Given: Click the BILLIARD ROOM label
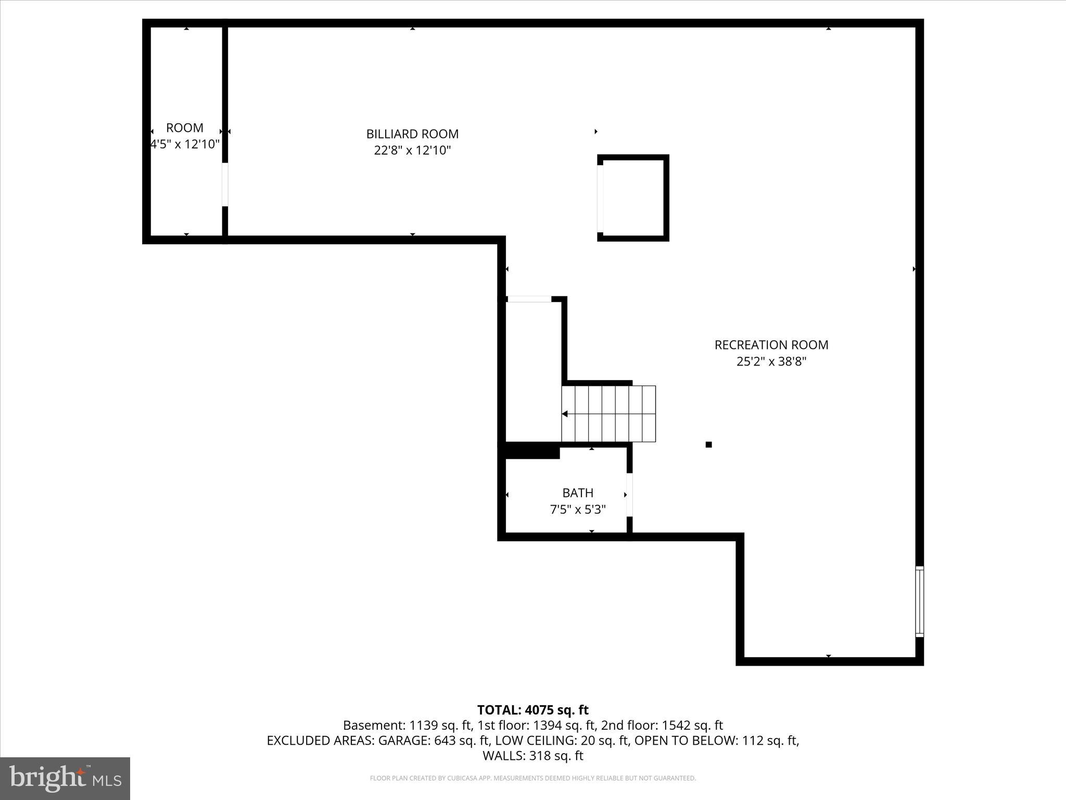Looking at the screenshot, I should tap(412, 134).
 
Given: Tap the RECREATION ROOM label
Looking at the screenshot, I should tap(771, 345).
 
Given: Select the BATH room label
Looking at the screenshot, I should tap(578, 493).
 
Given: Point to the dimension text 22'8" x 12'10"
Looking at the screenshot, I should tap(412, 151).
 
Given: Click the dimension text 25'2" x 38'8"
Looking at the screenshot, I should tap(771, 361).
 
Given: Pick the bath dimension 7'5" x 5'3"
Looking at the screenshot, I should tap(578, 509).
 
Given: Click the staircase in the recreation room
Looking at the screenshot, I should tap(608, 414).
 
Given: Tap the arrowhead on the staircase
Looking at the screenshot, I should tap(565, 414).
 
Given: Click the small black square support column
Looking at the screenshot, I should tap(708, 444).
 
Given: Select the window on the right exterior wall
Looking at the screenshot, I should tap(920, 602).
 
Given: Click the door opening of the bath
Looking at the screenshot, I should tap(629, 495).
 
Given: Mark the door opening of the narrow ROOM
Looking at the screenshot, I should tap(225, 185).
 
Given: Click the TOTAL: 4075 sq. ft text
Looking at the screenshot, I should tap(532, 710).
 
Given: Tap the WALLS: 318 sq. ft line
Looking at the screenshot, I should tap(532, 756).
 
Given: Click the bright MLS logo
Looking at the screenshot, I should tap(65, 778).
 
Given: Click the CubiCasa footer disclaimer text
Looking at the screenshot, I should tap(532, 779).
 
